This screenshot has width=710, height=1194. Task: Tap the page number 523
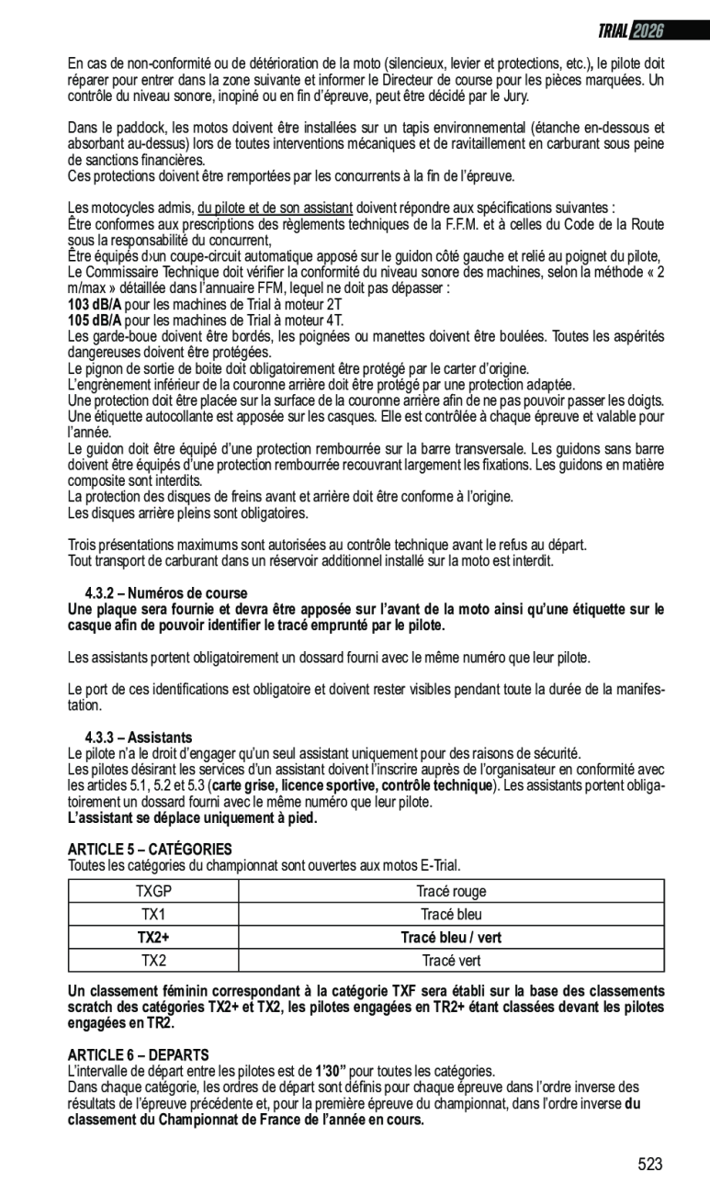(649, 1165)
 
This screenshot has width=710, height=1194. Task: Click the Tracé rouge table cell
(451, 891)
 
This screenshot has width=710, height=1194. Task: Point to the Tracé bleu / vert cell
(451, 938)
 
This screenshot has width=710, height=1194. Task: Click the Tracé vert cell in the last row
(451, 961)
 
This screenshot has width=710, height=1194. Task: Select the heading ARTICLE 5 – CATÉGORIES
(150, 850)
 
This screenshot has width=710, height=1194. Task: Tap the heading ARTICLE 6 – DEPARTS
(139, 1055)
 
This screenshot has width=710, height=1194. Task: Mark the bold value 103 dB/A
(95, 304)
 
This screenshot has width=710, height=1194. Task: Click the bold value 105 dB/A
(95, 320)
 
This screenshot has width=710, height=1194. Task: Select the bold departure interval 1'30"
(331, 1071)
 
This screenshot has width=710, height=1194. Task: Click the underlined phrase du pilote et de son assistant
(275, 208)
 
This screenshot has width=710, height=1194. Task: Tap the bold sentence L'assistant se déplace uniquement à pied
(192, 818)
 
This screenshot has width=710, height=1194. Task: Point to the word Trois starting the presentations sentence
(84, 546)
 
